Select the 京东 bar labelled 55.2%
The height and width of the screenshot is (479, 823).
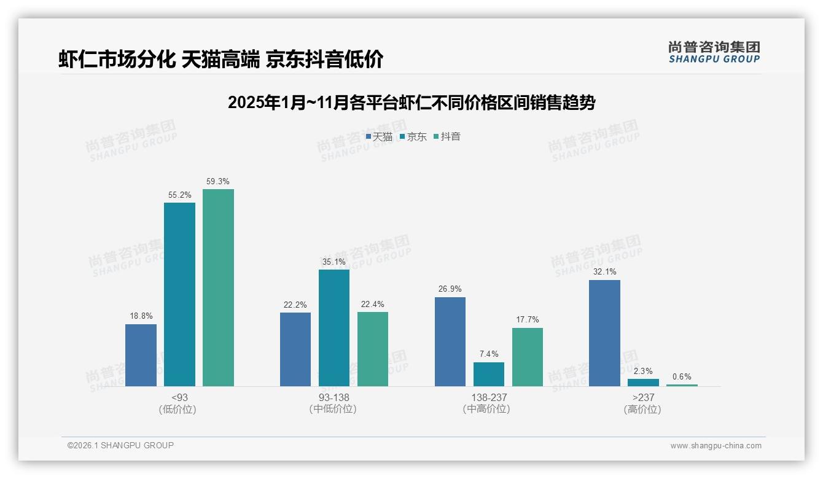(179, 294)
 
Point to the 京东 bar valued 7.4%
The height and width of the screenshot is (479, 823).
(489, 374)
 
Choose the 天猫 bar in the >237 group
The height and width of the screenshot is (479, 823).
(604, 333)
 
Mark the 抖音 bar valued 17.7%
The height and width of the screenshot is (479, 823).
(528, 357)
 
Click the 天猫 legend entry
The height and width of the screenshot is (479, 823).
(379, 137)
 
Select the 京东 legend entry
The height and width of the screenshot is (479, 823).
(413, 137)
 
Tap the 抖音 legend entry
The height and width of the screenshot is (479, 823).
(447, 137)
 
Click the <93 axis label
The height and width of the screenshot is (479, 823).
(179, 397)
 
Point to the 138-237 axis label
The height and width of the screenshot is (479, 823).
(489, 397)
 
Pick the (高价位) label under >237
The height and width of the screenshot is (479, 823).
(642, 409)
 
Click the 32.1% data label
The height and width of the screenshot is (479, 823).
(604, 271)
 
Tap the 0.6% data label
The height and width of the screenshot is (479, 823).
(682, 376)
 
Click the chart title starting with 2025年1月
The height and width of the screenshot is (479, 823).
(411, 103)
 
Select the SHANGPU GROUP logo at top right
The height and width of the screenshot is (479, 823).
(714, 52)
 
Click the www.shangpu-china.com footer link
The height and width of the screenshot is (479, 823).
(716, 446)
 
